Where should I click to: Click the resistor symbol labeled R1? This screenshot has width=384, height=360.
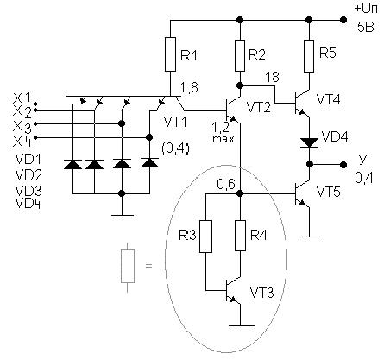pyautogui.click(x=170, y=54)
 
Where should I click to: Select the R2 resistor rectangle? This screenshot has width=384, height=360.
pyautogui.click(x=240, y=55)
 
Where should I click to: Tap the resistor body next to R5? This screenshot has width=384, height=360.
pyautogui.click(x=309, y=56)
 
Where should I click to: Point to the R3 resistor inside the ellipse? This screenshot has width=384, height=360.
pyautogui.click(x=206, y=237)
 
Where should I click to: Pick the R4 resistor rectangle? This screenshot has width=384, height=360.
pyautogui.click(x=241, y=236)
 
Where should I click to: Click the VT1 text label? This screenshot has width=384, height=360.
pyautogui.click(x=175, y=122)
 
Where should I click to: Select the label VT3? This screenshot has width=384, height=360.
pyautogui.click(x=261, y=293)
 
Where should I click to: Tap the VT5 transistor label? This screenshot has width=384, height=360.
pyautogui.click(x=328, y=192)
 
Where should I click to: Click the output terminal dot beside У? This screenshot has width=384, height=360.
pyautogui.click(x=343, y=165)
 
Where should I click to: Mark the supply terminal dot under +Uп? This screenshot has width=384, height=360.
pyautogui.click(x=343, y=20)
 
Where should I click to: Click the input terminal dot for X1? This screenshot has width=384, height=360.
pyautogui.click(x=35, y=104)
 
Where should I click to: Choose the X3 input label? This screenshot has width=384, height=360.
pyautogui.click(x=23, y=127)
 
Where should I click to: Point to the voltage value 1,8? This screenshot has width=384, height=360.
pyautogui.click(x=189, y=87)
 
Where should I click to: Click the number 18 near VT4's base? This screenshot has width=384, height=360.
pyautogui.click(x=272, y=77)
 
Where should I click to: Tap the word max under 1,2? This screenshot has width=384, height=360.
pyautogui.click(x=223, y=139)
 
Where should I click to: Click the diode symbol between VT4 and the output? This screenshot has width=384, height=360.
pyautogui.click(x=309, y=142)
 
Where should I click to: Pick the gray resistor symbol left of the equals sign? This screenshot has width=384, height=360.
pyautogui.click(x=128, y=267)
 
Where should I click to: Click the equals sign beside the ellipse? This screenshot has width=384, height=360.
pyautogui.click(x=148, y=266)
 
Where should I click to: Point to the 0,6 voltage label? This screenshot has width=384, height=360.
pyautogui.click(x=226, y=184)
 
